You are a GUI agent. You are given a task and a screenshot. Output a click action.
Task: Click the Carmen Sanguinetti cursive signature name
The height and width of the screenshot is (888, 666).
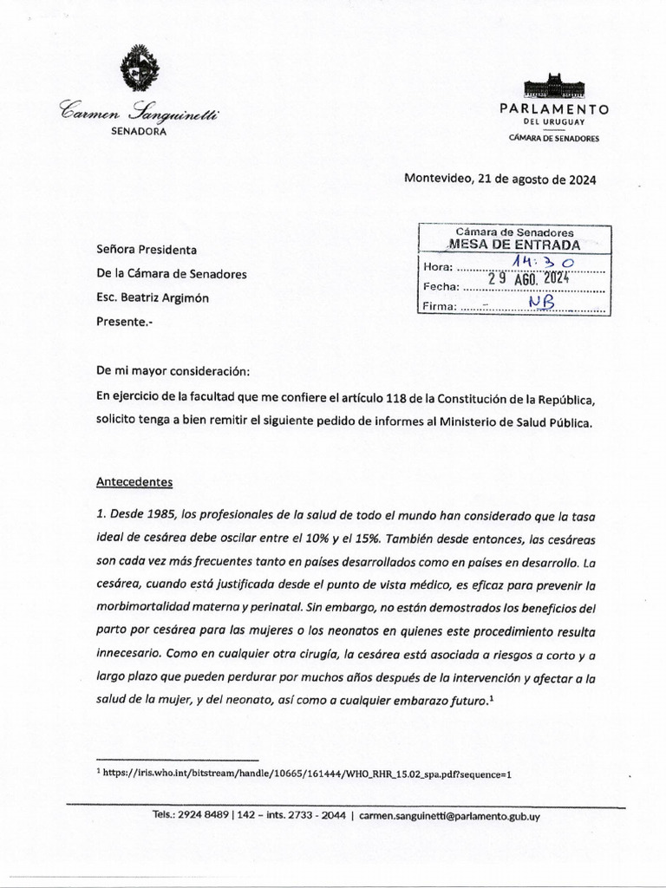tap(139, 111)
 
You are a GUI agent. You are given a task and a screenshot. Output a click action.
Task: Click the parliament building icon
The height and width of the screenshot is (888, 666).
tap(554, 87)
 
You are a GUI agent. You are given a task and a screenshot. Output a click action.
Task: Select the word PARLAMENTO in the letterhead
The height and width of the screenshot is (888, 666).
tap(554, 109)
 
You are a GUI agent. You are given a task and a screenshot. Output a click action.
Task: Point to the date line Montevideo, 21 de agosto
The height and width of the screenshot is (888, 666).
tap(499, 180)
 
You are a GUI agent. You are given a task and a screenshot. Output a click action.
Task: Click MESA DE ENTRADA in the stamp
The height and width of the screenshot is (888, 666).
tap(514, 245)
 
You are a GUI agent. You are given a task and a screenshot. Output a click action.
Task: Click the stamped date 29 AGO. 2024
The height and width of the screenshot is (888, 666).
tap(526, 279)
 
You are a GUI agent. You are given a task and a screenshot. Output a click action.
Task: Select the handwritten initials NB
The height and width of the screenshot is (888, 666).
tap(543, 300)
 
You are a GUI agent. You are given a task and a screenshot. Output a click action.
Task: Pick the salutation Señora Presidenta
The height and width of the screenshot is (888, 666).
tap(147, 250)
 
